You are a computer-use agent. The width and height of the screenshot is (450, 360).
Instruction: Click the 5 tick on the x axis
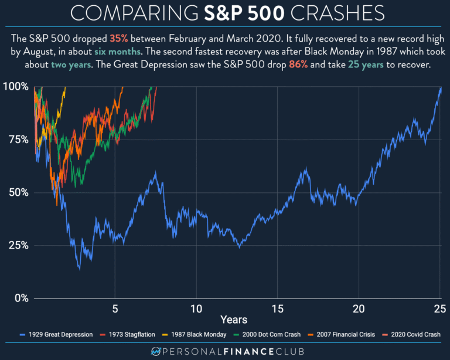[115, 308]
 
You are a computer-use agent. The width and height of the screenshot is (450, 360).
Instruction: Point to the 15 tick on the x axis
[277, 308]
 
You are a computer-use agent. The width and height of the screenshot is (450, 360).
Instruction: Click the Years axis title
[233, 320]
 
